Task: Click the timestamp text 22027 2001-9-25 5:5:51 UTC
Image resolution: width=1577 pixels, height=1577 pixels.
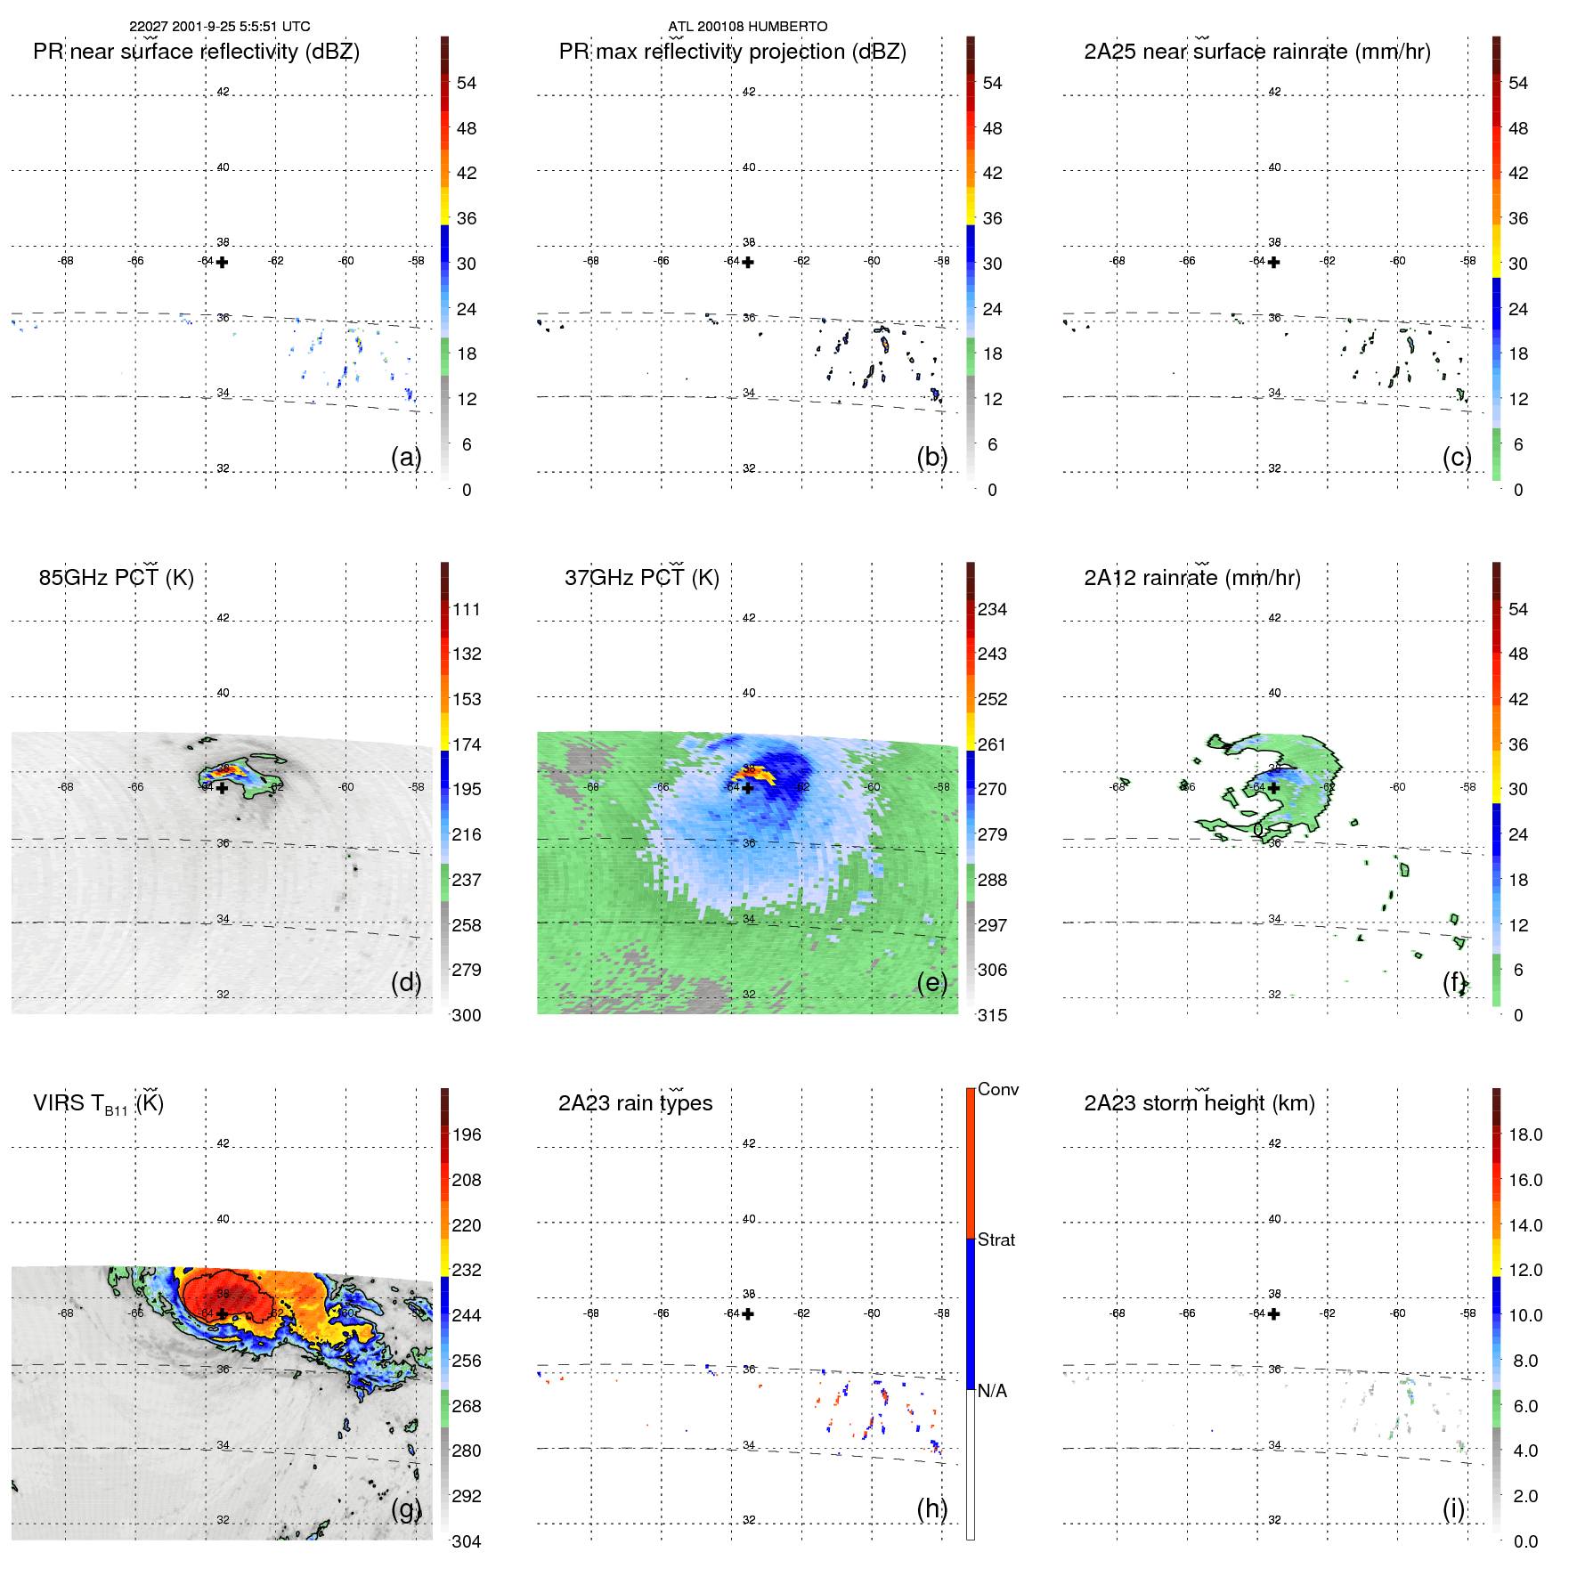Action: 220,27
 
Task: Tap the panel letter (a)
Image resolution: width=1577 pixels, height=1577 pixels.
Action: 406,457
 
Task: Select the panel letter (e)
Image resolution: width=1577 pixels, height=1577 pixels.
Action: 932,982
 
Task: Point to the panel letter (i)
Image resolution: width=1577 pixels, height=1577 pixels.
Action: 1454,1508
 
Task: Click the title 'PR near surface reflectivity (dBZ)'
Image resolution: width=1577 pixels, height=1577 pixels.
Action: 196,52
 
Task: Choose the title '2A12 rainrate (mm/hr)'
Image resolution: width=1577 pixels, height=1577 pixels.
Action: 1192,578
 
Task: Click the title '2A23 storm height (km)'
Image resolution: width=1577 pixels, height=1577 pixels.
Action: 1199,1103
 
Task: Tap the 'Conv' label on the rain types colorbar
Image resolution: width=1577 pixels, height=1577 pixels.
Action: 998,1089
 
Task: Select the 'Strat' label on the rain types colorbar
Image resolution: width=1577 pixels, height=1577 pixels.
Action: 996,1240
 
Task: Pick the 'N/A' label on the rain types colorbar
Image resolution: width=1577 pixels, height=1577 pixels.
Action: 992,1391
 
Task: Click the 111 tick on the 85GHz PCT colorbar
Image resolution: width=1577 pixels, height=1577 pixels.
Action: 467,609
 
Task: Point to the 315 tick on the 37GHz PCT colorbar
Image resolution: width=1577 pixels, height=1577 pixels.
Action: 992,1015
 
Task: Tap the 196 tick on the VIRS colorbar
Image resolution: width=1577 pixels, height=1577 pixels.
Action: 467,1134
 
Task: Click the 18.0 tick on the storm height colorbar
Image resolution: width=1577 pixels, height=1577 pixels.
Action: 1525,1134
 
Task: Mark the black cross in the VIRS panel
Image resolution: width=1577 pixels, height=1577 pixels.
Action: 222,1313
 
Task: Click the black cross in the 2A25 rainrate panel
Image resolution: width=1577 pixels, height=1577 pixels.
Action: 1274,262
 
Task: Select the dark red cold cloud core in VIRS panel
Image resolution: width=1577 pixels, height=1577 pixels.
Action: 223,1296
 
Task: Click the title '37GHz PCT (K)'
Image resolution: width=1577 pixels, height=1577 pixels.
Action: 641,578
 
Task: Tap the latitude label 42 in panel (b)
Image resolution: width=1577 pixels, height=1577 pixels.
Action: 749,92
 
